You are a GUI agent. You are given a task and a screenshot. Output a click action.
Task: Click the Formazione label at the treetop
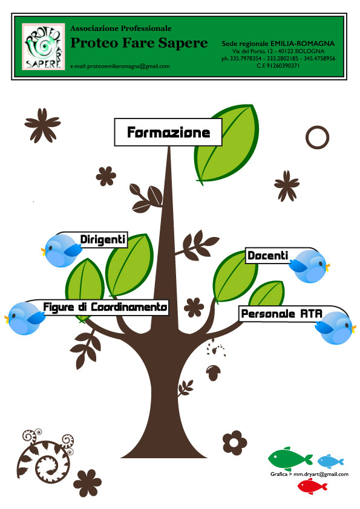pyautogui.click(x=168, y=132)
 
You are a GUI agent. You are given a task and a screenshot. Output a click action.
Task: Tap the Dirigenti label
pyautogui.click(x=103, y=239)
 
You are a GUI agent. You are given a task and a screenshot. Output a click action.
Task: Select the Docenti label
pyautogui.click(x=267, y=256)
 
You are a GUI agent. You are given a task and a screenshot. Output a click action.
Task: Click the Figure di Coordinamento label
pyautogui.click(x=105, y=307)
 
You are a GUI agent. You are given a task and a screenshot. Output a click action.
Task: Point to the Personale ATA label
pyautogui.click(x=281, y=314)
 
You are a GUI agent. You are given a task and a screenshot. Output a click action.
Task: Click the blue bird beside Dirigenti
pyautogui.click(x=61, y=251)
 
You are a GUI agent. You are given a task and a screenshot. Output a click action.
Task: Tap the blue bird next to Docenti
pyautogui.click(x=309, y=266)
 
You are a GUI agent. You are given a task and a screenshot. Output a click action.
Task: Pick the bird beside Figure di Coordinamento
pyautogui.click(x=25, y=319)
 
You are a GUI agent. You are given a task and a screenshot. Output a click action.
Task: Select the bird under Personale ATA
pyautogui.click(x=335, y=328)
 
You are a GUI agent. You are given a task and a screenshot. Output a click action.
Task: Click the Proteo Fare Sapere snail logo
pyautogui.click(x=43, y=46)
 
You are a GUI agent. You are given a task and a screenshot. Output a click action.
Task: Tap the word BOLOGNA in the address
pyautogui.click(x=309, y=51)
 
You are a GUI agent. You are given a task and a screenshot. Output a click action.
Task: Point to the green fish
pyautogui.click(x=290, y=458)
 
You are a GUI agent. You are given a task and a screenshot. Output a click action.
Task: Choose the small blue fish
pyautogui.click(x=330, y=461)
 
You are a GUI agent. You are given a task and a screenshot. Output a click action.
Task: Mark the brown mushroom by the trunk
pyautogui.click(x=213, y=372)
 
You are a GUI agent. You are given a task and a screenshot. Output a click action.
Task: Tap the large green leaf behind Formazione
pyautogui.click(x=227, y=144)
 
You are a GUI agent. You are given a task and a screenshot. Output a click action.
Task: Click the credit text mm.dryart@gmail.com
pyautogui.click(x=321, y=475)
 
